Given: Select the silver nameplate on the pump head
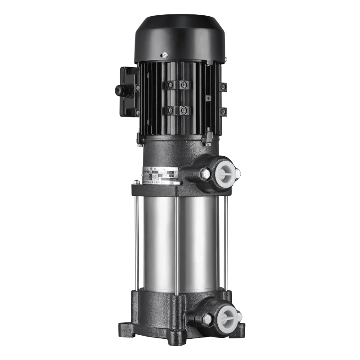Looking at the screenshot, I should [162, 175].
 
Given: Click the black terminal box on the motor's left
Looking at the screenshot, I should [128, 90].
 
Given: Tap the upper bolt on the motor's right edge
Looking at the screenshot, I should [222, 86].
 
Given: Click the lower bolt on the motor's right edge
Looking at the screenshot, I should [222, 111].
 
